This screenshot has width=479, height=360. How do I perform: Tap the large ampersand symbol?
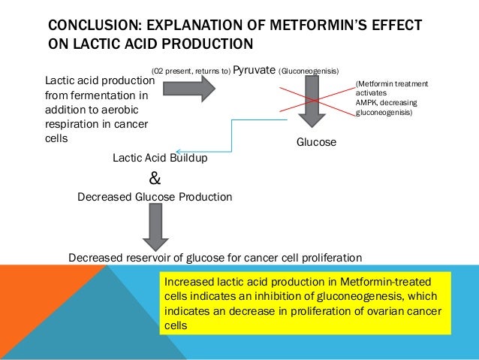tap(155, 178)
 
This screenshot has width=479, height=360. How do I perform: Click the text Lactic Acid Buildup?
tap(160, 159)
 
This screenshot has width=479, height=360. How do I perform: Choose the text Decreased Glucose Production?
tap(155, 197)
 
